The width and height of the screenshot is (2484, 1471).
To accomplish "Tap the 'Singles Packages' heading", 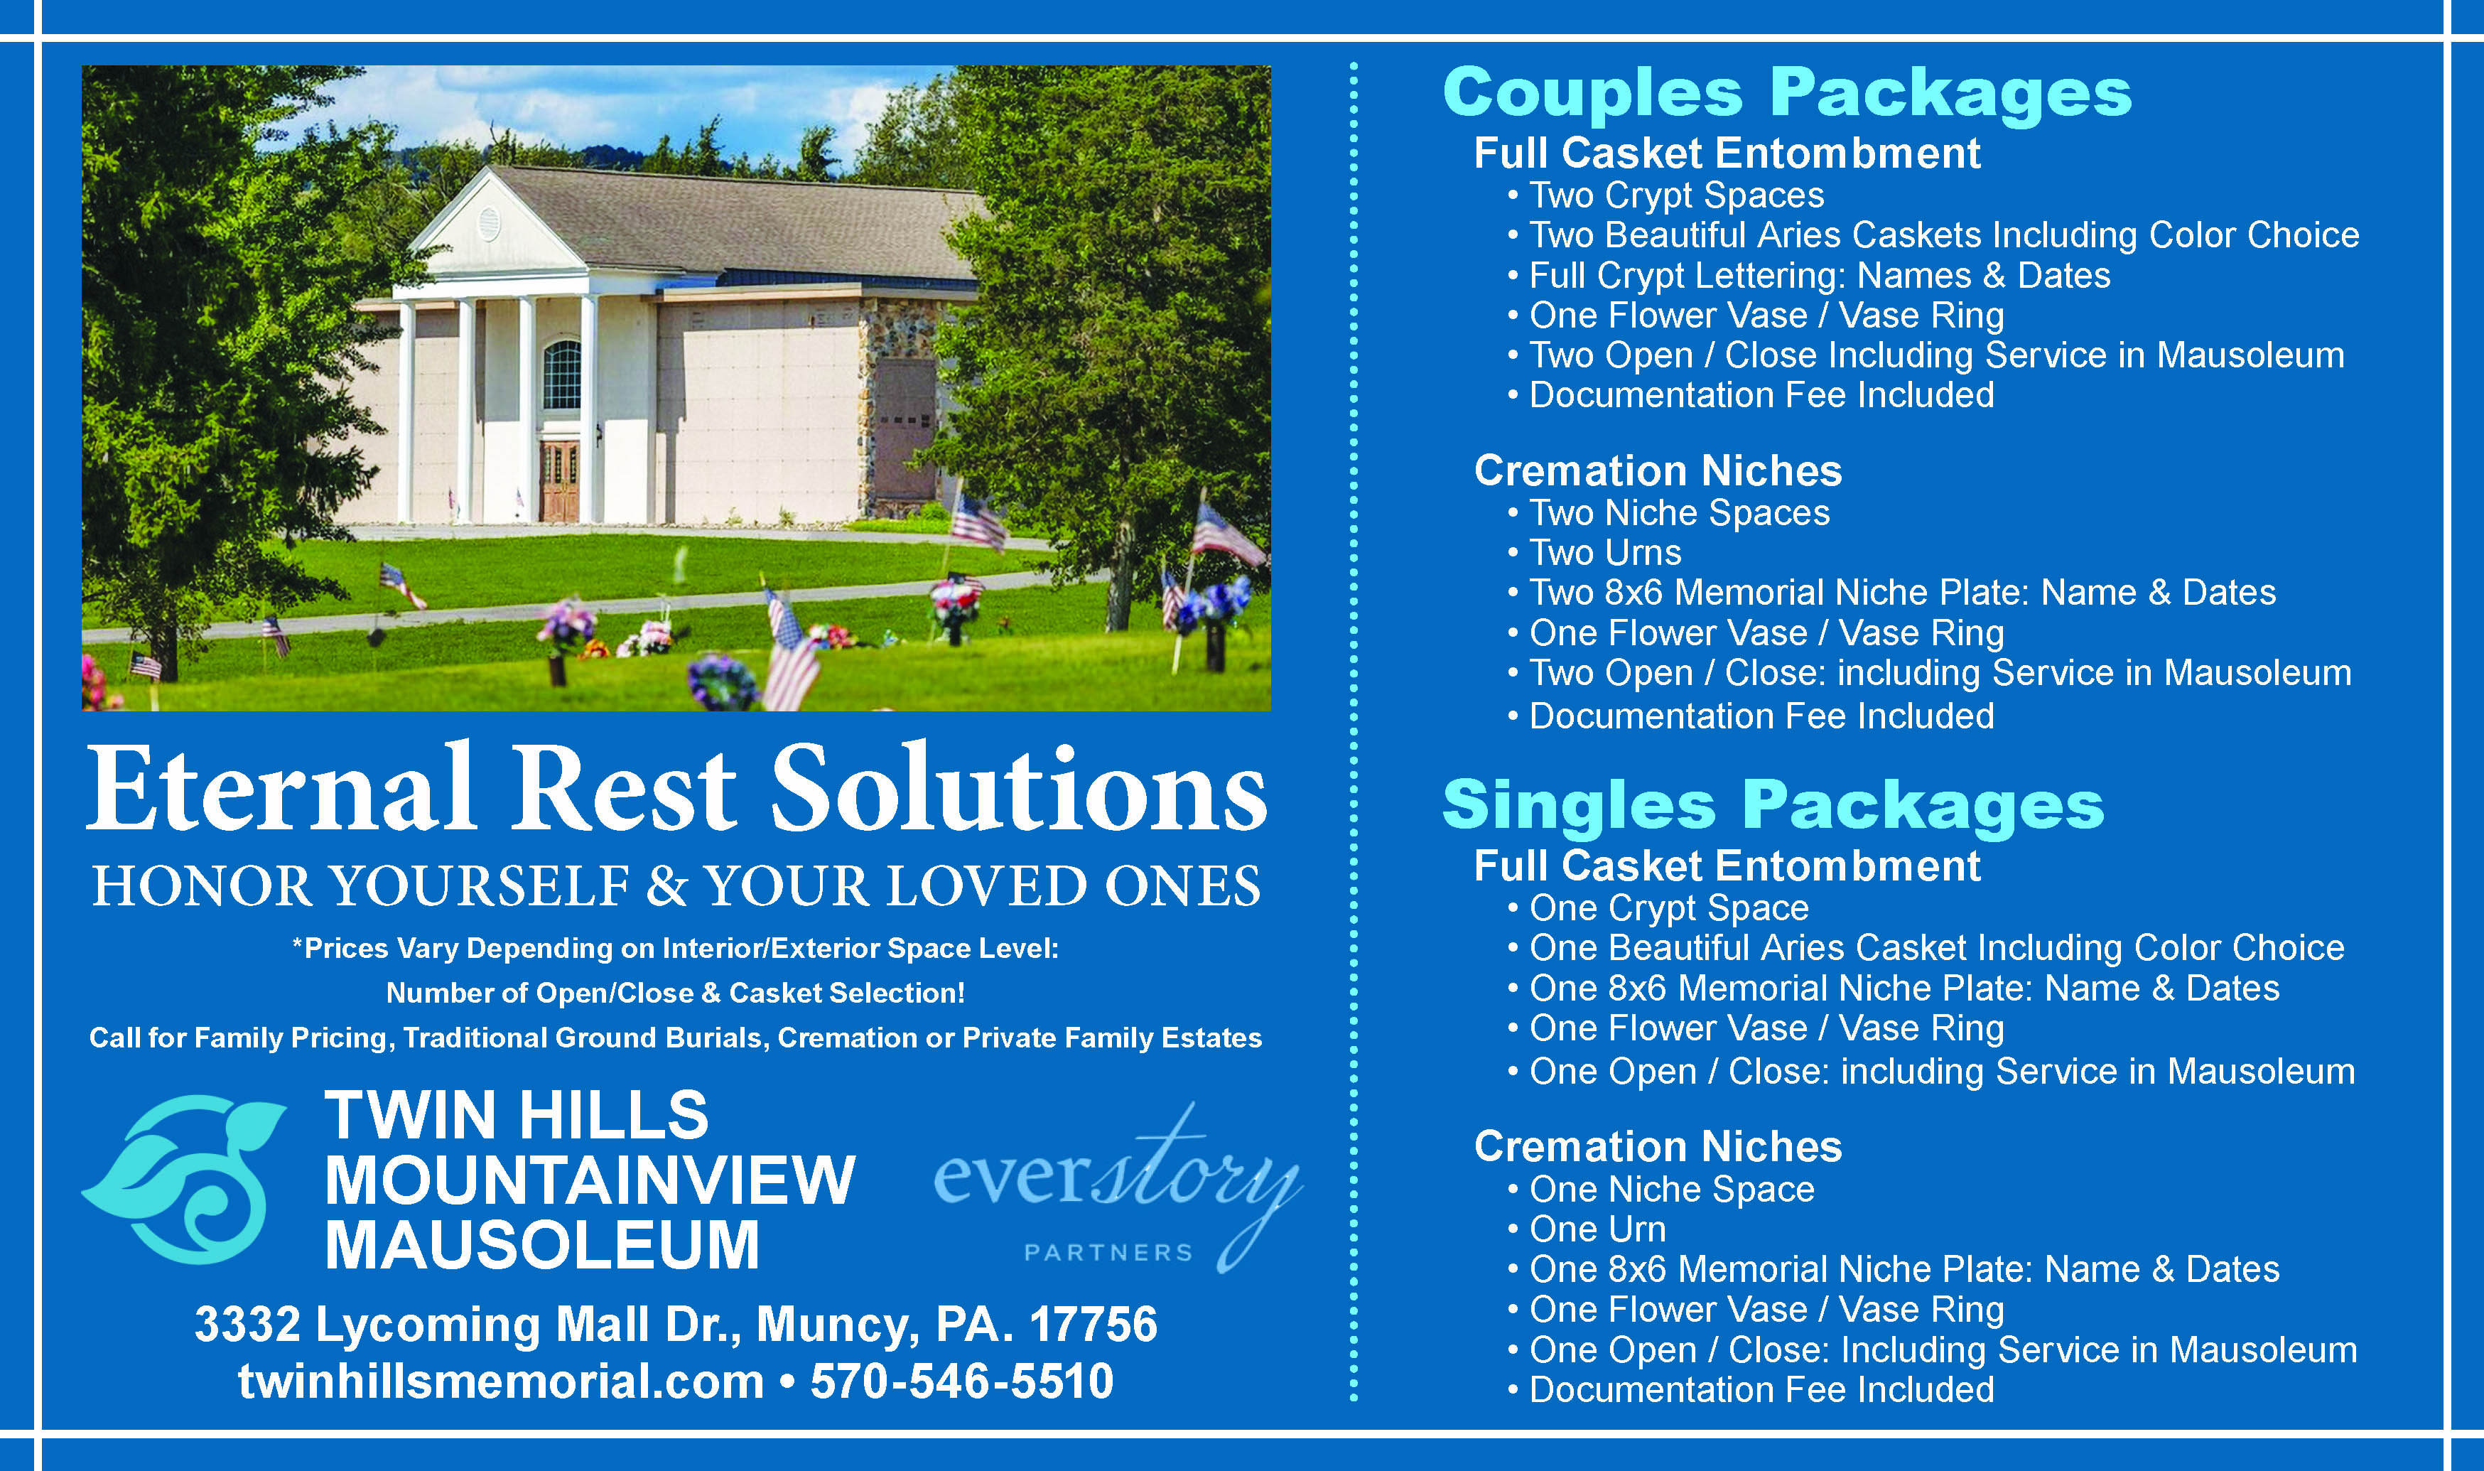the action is (1773, 806).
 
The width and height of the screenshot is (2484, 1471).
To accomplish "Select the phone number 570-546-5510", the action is (961, 1381).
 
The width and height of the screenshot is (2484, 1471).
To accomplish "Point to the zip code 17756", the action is (1093, 1325).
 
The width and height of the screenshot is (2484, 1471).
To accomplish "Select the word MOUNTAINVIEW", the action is (590, 1180).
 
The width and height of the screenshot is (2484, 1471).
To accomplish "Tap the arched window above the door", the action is (562, 375).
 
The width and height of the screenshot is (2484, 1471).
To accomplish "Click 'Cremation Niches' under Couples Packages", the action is (1658, 471).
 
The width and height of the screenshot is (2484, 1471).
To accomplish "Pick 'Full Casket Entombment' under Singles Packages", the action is (1727, 866).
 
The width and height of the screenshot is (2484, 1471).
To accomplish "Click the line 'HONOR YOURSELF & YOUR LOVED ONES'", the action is (676, 886).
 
